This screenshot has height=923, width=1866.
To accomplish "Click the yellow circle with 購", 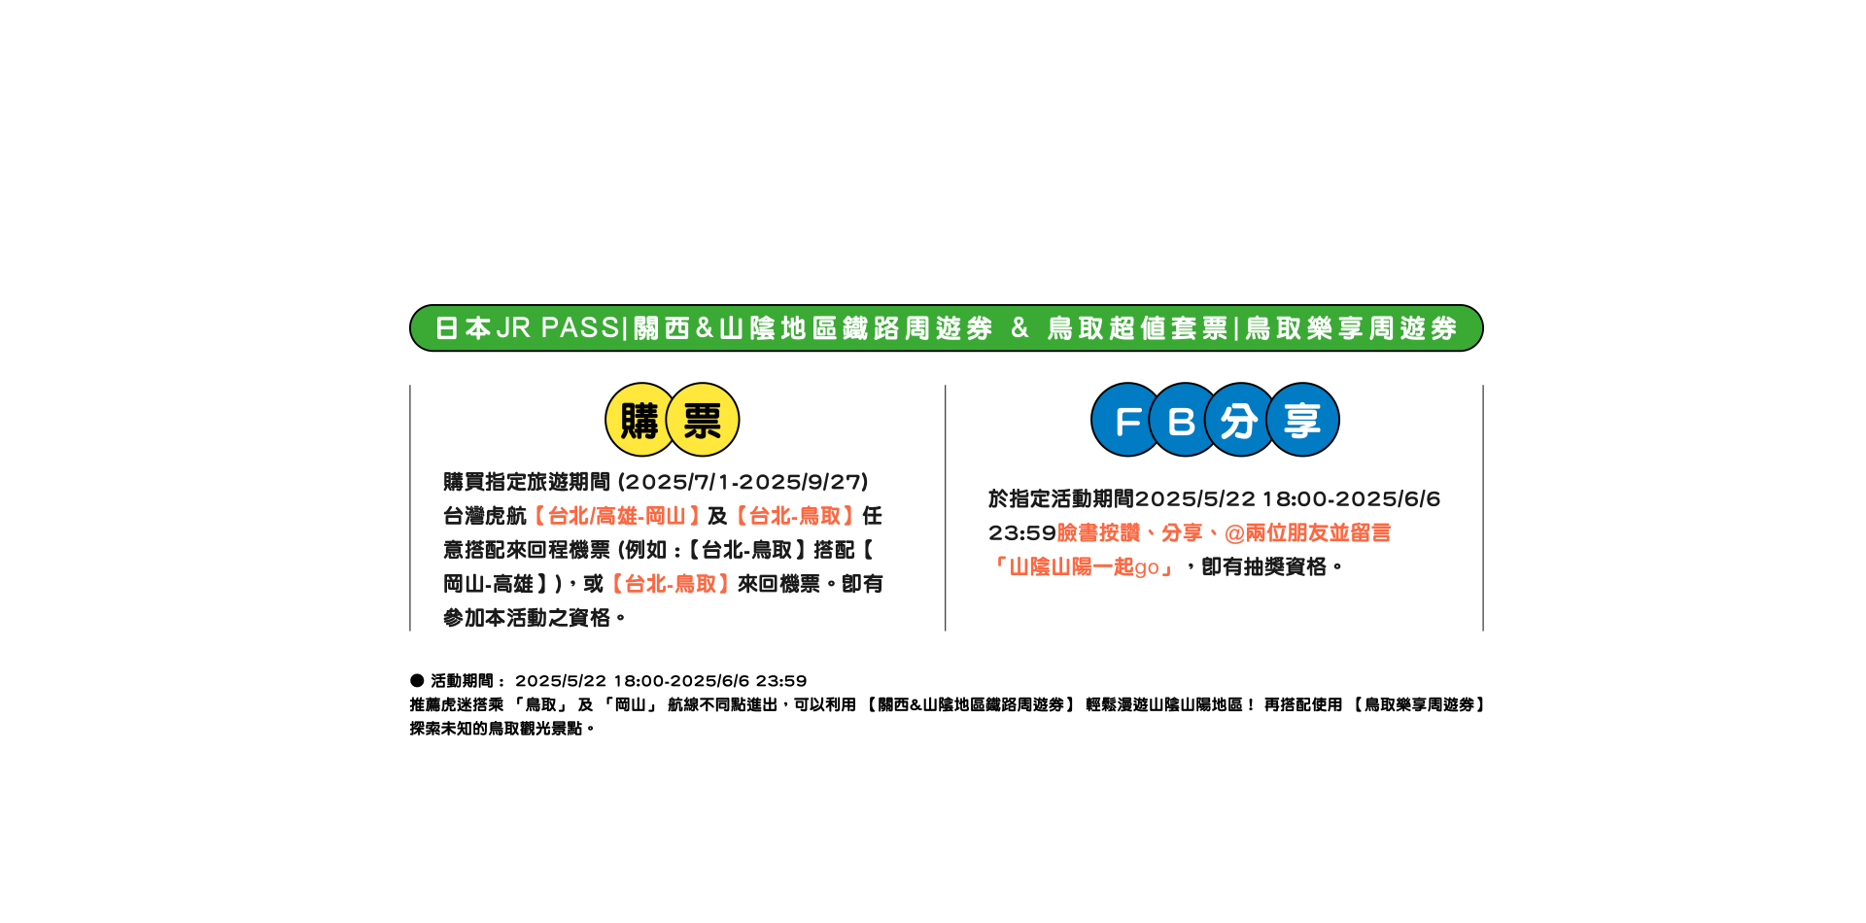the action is pyautogui.click(x=639, y=420).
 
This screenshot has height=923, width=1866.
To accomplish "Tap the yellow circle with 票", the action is pyautogui.click(x=703, y=420).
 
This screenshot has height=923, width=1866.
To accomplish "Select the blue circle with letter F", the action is pyautogui.click(x=1127, y=420).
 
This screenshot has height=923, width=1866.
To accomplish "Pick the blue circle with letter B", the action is pyautogui.click(x=1183, y=420).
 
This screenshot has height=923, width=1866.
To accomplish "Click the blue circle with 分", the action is pyautogui.click(x=1239, y=420).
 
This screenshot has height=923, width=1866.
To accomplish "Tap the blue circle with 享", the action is pyautogui.click(x=1302, y=420).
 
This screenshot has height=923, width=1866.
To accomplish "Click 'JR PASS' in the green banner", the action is pyautogui.click(x=557, y=328).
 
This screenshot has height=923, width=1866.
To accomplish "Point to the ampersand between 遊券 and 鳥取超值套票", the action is pyautogui.click(x=1019, y=328).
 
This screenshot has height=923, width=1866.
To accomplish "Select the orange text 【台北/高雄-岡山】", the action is pyautogui.click(x=616, y=516).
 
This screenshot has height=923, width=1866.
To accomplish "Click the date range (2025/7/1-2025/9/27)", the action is pyautogui.click(x=743, y=482).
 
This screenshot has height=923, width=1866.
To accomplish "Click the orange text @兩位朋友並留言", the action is pyautogui.click(x=1307, y=532).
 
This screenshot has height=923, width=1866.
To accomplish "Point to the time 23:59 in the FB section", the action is pyautogui.click(x=1022, y=532).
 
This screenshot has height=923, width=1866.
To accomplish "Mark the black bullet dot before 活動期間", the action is pyautogui.click(x=417, y=680).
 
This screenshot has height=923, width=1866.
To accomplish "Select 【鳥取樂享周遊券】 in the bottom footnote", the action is pyautogui.click(x=1418, y=704).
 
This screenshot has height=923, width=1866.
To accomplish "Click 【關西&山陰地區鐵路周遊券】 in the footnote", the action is pyautogui.click(x=970, y=704).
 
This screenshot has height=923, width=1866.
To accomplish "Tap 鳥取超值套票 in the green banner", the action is pyautogui.click(x=1138, y=328).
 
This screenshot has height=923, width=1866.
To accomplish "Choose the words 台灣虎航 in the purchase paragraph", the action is pyautogui.click(x=485, y=516).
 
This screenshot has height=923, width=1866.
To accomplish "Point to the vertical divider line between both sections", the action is pyautogui.click(x=946, y=508).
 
